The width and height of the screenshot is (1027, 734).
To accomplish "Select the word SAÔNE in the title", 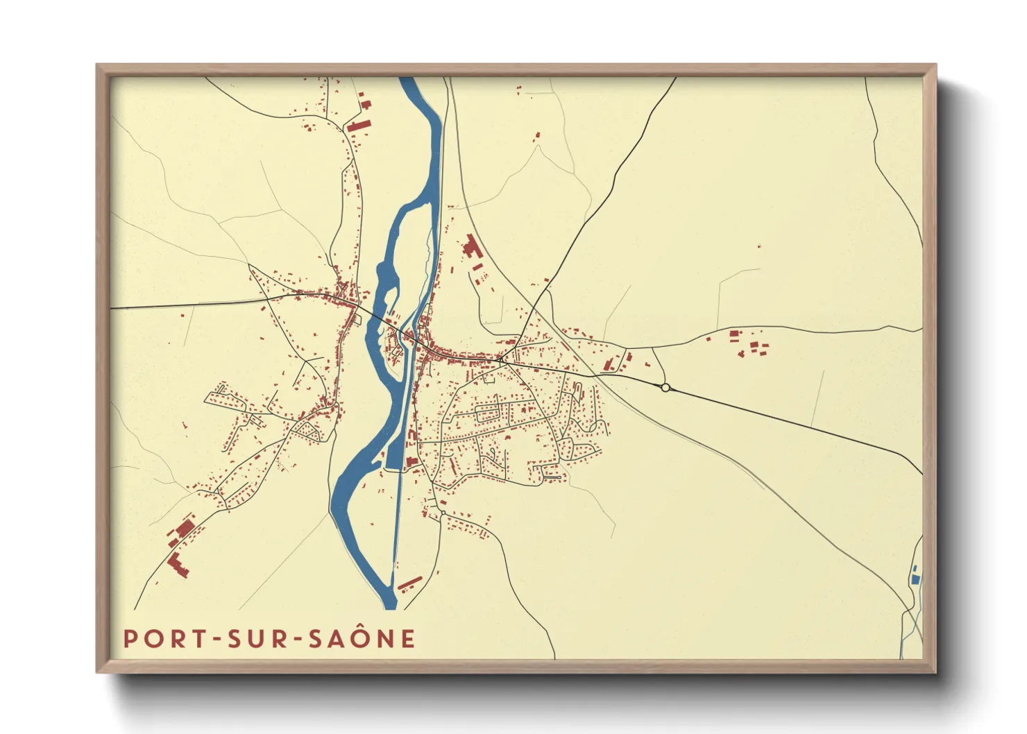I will click(362, 638).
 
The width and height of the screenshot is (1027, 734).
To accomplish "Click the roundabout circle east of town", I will click(665, 388).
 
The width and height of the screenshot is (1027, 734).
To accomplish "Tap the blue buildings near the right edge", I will click(915, 574).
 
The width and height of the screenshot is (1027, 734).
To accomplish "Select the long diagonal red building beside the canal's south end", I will click(409, 582).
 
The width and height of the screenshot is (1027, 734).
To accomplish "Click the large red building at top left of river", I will click(359, 125).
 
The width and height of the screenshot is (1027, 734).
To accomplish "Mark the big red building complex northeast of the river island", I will click(472, 248).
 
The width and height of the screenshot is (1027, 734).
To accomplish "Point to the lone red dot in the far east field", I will click(759, 246).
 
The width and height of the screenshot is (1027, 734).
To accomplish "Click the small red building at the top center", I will click(536, 135).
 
